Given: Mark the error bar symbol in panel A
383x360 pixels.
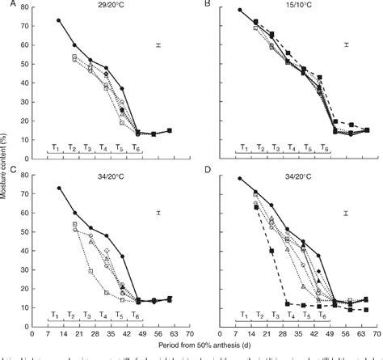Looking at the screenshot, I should (159, 45).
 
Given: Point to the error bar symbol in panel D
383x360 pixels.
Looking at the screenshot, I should (346, 214).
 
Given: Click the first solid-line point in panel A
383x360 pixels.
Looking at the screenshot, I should (58, 21).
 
